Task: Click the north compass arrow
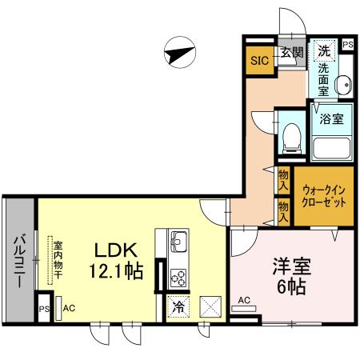pos(180,53)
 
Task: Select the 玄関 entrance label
pos(291,53)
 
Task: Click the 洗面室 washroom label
pos(324,80)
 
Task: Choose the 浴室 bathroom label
pos(332,120)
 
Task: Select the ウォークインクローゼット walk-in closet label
pos(324,196)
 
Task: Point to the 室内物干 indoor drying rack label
pos(58,259)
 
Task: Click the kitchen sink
pos(178,240)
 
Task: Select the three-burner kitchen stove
pos(178,277)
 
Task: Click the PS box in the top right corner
pos(347,46)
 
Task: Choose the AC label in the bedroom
pos(244,301)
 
